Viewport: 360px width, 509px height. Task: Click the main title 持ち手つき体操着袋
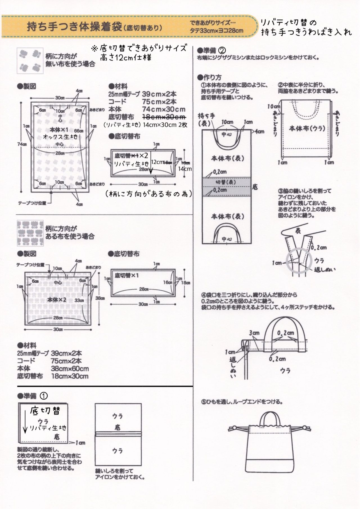(x=74, y=27)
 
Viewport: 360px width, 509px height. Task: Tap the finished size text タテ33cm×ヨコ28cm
(x=216, y=31)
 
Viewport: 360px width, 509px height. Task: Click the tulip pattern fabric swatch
(x=30, y=233)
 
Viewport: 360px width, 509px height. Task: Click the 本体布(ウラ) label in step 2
(x=307, y=129)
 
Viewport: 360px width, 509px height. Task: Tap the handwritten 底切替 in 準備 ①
(x=45, y=411)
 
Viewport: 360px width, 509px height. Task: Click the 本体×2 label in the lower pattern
(x=57, y=299)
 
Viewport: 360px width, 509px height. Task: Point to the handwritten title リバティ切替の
(x=289, y=23)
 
